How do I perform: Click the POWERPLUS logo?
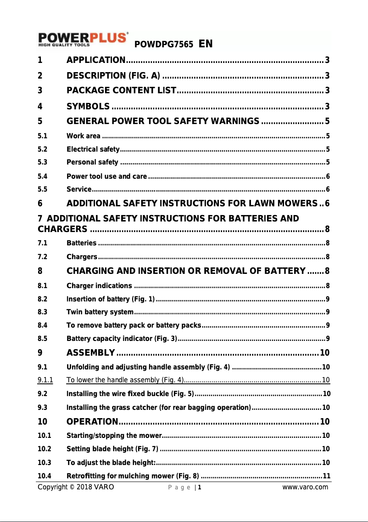[83, 39]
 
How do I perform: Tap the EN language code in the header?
[205, 44]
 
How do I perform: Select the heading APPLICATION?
[96, 60]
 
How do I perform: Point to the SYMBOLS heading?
[88, 107]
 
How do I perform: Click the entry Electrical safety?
[93, 149]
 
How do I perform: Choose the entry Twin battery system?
[100, 312]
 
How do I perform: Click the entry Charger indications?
[100, 286]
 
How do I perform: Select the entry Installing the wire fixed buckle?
[130, 393]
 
